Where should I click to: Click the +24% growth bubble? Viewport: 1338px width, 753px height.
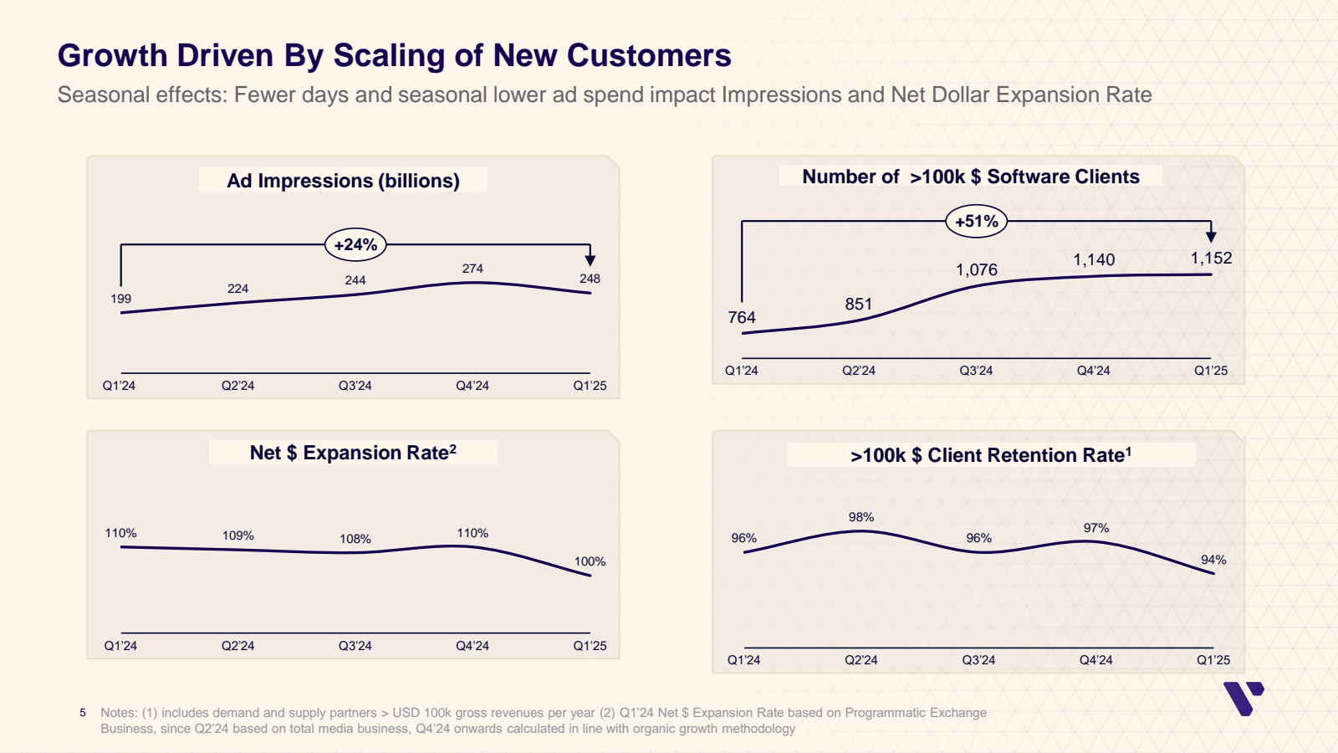(x=355, y=245)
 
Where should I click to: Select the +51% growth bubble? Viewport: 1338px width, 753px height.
(x=977, y=222)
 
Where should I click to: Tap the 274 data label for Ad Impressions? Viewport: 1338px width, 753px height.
(x=472, y=269)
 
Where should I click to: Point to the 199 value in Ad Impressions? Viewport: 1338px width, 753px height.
(x=121, y=299)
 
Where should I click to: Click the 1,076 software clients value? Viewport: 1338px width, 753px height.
(x=977, y=269)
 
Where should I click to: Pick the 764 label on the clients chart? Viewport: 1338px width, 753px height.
(x=742, y=317)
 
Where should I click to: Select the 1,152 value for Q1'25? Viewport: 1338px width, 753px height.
(x=1211, y=258)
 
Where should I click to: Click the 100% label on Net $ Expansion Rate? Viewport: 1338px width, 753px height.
(x=590, y=561)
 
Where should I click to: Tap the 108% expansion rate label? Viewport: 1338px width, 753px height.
(x=355, y=539)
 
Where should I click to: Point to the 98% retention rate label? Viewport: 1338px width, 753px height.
(x=861, y=517)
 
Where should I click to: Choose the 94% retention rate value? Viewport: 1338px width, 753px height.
(x=1213, y=560)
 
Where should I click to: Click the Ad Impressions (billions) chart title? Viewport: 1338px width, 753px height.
(x=343, y=181)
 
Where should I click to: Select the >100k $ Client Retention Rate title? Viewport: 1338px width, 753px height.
(x=991, y=455)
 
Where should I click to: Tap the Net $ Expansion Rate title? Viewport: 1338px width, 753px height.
(x=353, y=453)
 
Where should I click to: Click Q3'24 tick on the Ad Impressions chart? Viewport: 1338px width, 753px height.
(x=355, y=386)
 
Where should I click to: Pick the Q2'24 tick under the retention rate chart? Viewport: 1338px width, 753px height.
(x=861, y=660)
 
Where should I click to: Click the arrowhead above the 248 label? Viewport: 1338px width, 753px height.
(x=590, y=260)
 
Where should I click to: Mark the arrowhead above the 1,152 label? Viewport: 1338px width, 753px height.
(x=1211, y=237)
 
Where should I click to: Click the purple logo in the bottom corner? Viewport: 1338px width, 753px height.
(x=1243, y=698)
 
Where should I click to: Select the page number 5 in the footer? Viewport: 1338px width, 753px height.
(x=83, y=713)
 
